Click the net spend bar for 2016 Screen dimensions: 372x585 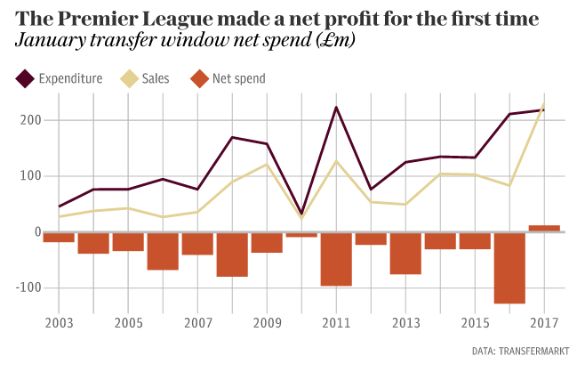tap(509, 267)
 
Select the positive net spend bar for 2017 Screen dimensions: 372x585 tap(544, 228)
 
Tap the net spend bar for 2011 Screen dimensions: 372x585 tap(336, 258)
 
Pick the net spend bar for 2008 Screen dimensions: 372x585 tap(232, 254)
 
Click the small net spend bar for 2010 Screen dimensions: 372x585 tap(301, 234)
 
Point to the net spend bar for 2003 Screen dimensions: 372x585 tap(59, 237)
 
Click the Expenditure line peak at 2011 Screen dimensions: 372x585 tap(336, 107)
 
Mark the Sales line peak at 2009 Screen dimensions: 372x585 tap(267, 164)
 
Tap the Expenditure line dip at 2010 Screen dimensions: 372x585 tap(301, 214)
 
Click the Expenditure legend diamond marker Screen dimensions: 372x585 tap(24, 79)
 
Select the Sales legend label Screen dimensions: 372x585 tap(156, 79)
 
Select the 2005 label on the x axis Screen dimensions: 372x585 tap(128, 321)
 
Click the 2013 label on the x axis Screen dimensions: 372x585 tap(405, 321)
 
